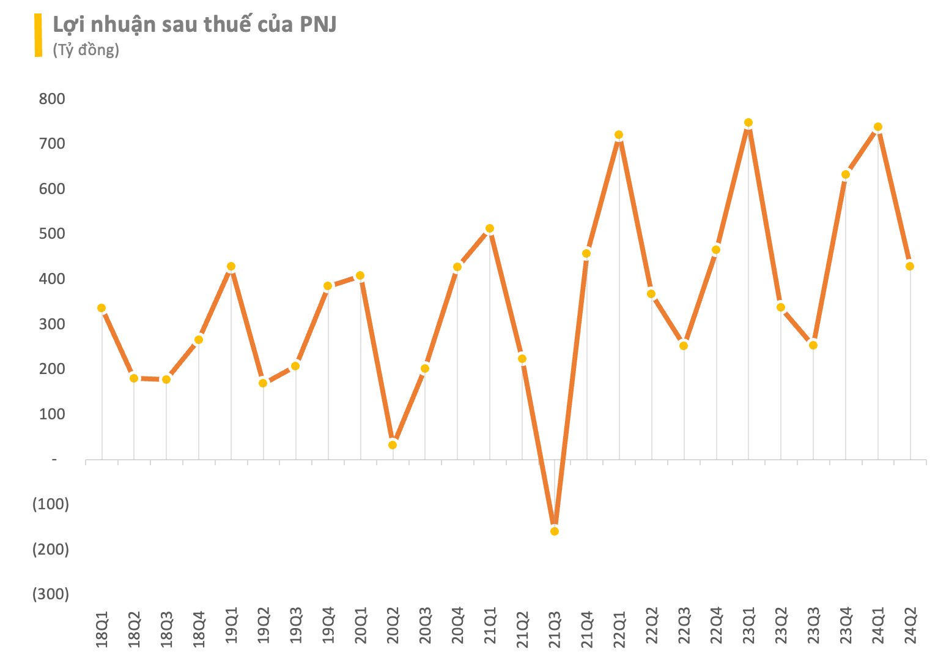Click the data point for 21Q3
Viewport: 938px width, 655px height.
(554, 531)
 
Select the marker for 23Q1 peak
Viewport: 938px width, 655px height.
(748, 123)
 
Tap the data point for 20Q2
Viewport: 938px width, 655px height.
(393, 445)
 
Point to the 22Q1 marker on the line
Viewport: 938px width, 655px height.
(619, 135)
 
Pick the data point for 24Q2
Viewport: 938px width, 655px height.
(910, 266)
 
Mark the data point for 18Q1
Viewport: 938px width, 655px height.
(102, 308)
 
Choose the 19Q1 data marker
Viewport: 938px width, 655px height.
(231, 267)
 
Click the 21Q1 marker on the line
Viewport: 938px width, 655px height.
(490, 229)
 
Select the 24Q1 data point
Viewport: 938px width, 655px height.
(877, 127)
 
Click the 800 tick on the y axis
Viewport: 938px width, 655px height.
(52, 99)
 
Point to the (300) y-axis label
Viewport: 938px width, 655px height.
(51, 594)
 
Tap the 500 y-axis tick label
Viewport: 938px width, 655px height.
(52, 234)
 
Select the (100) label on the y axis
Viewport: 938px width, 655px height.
(51, 504)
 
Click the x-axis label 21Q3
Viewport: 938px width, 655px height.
(555, 627)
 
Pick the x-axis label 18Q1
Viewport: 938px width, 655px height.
(102, 627)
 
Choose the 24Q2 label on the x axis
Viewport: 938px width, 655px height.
(910, 627)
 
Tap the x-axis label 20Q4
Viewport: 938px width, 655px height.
(457, 627)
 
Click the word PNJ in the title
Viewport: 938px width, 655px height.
(317, 24)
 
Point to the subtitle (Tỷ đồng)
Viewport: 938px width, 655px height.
(86, 50)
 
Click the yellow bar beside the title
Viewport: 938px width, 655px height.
(39, 36)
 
